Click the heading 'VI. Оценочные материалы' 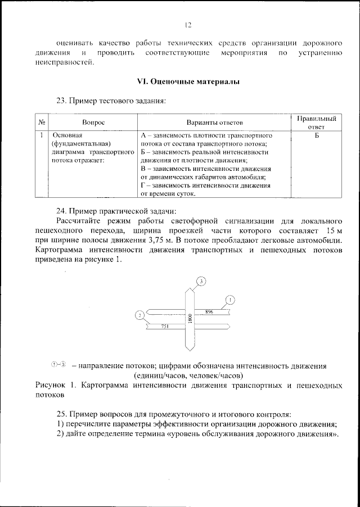pyautogui.click(x=188, y=82)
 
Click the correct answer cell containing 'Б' pyautogui.click(x=317, y=136)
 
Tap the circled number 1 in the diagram pyautogui.click(x=230, y=299)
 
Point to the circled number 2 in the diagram pyautogui.click(x=139, y=315)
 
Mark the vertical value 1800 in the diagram pyautogui.click(x=191, y=318)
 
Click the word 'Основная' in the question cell pyautogui.click(x=67, y=136)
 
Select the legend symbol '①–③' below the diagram pyautogui.click(x=58, y=365)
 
